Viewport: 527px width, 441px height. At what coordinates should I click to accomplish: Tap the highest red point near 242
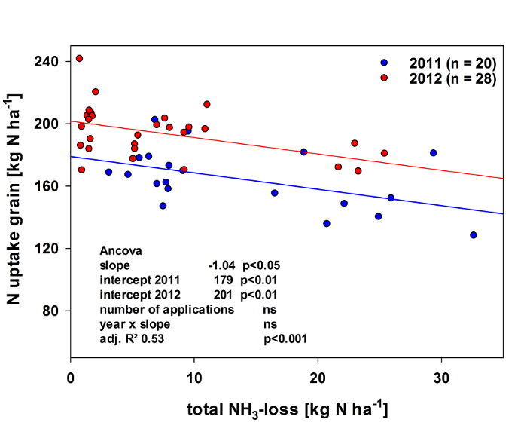(x=79, y=59)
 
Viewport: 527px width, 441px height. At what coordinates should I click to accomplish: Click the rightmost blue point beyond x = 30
(x=473, y=235)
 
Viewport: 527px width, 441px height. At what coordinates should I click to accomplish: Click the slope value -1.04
(x=223, y=265)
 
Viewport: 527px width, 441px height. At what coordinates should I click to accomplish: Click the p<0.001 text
(x=285, y=339)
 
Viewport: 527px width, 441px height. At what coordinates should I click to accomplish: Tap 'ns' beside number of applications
(x=270, y=310)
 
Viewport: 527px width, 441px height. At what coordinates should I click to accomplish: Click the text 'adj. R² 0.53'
(x=132, y=339)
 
